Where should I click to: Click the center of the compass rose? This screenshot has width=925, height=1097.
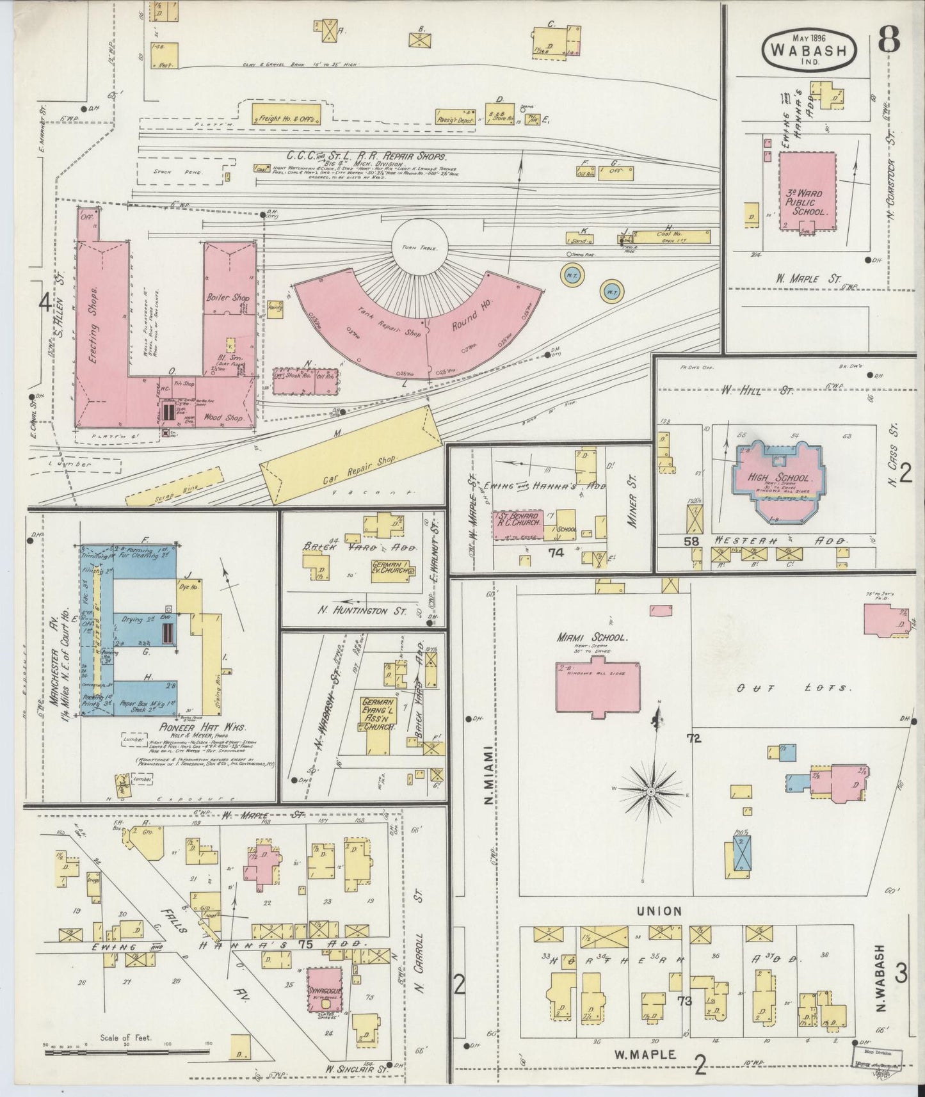pyautogui.click(x=651, y=792)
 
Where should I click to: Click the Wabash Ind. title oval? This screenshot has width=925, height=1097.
pyautogui.click(x=809, y=49)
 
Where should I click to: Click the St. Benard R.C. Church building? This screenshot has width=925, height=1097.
pyautogui.click(x=517, y=524)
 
